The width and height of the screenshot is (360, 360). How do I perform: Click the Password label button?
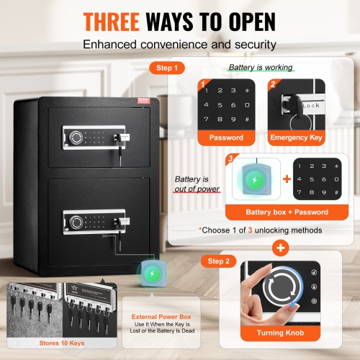225,137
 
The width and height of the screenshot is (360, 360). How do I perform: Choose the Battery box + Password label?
276,212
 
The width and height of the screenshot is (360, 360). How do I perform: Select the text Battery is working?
261,68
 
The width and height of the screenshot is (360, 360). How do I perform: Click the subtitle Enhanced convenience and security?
179,45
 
